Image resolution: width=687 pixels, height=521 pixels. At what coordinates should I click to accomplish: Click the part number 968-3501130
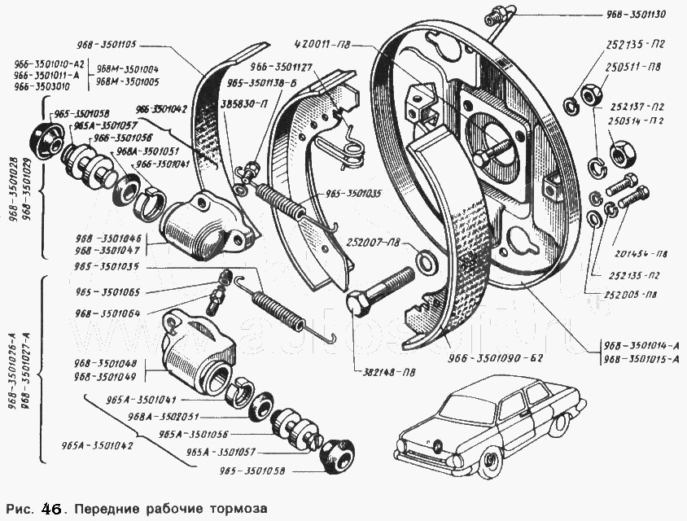(x=637, y=15)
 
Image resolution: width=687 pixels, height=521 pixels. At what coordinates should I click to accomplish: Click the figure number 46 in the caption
(x=50, y=509)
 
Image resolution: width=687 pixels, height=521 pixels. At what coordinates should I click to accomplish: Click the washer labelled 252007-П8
(x=425, y=261)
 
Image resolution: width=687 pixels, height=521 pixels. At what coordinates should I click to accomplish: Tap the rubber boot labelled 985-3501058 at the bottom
(x=336, y=456)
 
